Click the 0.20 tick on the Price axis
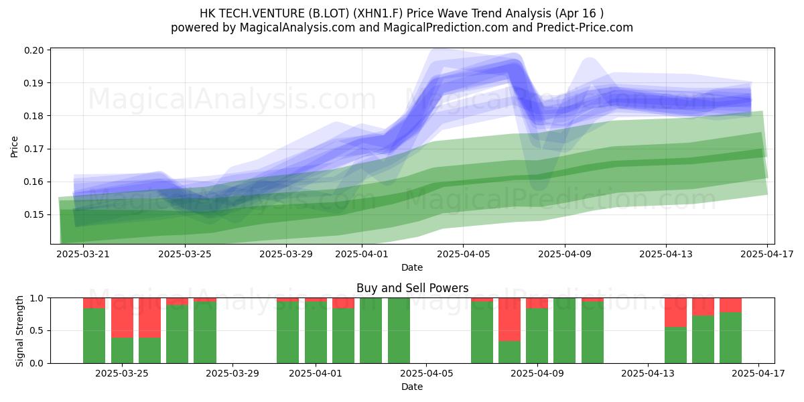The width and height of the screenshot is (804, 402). (34, 50)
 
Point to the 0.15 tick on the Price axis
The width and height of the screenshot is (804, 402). (34, 214)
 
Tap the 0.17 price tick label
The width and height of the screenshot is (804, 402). (34, 149)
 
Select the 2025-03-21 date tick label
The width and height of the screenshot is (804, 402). (83, 254)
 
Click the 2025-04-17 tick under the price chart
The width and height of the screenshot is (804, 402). (767, 254)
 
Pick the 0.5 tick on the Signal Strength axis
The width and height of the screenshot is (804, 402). (37, 330)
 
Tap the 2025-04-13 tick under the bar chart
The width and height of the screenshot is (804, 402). (648, 374)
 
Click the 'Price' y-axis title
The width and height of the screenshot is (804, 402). (14, 147)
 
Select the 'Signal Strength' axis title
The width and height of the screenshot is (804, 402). (19, 331)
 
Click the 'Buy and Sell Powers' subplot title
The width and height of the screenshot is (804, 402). (413, 288)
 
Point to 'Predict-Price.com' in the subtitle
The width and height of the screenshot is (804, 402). (585, 27)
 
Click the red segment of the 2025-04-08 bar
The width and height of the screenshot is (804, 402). (509, 320)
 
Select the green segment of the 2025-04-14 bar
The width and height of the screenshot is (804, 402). (675, 345)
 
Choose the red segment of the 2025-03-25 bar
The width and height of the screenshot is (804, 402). (122, 318)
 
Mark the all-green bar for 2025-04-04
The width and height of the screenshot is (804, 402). (399, 330)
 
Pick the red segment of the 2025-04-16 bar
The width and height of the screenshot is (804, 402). (730, 305)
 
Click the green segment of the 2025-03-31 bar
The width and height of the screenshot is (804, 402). (288, 332)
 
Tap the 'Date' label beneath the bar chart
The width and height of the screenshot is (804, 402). (412, 387)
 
